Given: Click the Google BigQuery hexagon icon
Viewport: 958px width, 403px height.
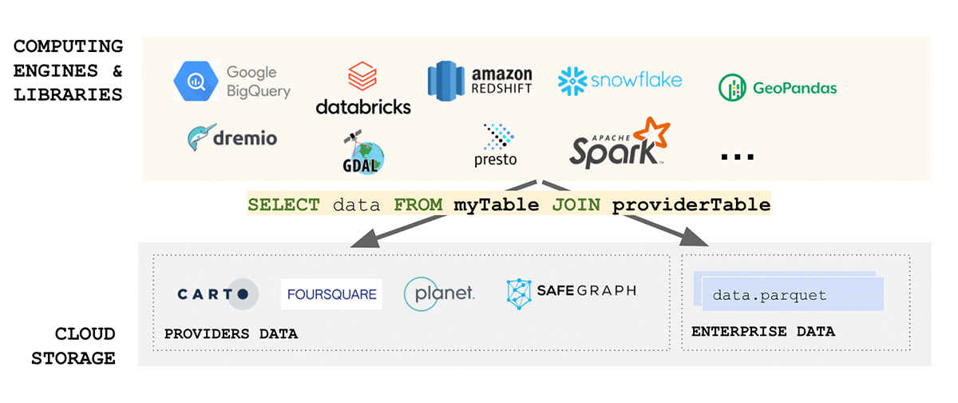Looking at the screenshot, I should pyautogui.click(x=196, y=81).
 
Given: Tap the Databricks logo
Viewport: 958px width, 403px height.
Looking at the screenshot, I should pyautogui.click(x=363, y=90).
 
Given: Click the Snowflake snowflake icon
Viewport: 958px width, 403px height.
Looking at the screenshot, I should pyautogui.click(x=573, y=81).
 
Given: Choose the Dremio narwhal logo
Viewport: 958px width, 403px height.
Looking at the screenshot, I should pyautogui.click(x=233, y=138).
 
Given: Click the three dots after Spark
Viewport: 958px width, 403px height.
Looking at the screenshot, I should pyautogui.click(x=737, y=157).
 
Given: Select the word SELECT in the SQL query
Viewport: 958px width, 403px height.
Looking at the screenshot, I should pyautogui.click(x=283, y=205).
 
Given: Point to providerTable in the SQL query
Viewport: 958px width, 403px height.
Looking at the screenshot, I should pyautogui.click(x=691, y=205).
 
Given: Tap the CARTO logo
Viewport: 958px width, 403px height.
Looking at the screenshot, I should pyautogui.click(x=217, y=293).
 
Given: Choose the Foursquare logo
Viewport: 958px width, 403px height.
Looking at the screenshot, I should pyautogui.click(x=331, y=293).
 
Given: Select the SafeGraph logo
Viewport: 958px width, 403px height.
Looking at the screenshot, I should pyautogui.click(x=572, y=293).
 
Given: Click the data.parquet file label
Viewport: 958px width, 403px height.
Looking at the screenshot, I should pyautogui.click(x=770, y=295).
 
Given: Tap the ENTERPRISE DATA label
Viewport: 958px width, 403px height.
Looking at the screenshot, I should pyautogui.click(x=763, y=331).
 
